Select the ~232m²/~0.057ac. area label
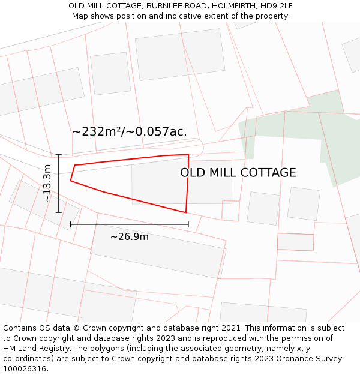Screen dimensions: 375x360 pos(130,131)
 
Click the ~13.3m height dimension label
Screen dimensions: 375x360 pos(47,183)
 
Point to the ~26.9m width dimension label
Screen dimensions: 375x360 pos(129,236)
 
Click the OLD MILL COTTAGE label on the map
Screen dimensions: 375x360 pos(238,173)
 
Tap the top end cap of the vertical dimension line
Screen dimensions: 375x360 pos(59,155)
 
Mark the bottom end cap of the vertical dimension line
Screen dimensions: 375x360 pos(59,212)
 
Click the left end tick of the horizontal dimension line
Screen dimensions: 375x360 pos(71,224)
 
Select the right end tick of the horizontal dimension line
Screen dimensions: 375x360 pos(188,224)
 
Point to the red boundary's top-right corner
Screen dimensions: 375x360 pos(188,155)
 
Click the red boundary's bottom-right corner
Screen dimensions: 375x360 pos(186,212)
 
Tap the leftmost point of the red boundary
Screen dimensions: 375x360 pos(71,180)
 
